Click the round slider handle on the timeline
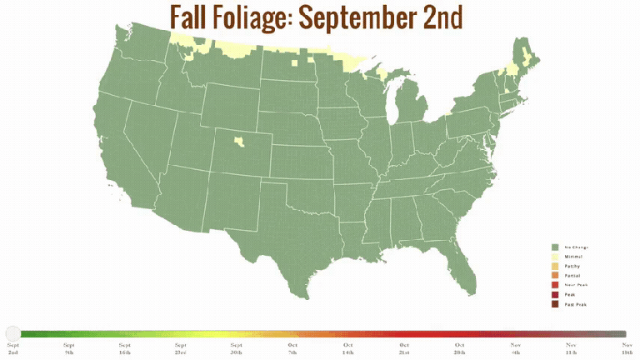click(12, 333)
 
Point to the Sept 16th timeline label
click(124, 348)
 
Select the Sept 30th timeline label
click(237, 348)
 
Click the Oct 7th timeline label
click(292, 348)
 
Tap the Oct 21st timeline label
click(404, 348)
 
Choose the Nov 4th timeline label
click(515, 348)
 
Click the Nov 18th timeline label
click(626, 348)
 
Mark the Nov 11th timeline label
click(571, 348)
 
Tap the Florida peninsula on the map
click(462, 267)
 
